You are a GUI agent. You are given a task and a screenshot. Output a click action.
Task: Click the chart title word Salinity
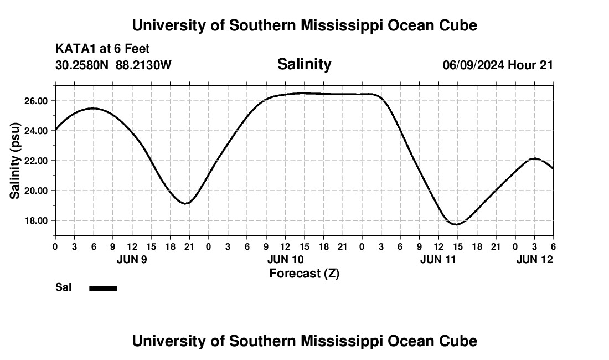coord(304,64)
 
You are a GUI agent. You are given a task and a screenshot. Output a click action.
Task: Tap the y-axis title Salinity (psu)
coord(15,160)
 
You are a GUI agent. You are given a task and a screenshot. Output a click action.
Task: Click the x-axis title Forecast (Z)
coord(304,274)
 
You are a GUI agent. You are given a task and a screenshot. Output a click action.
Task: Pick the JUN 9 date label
coord(132,259)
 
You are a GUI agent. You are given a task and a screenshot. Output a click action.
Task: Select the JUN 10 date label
coord(285,259)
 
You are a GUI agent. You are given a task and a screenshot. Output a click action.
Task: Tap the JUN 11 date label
coord(438,259)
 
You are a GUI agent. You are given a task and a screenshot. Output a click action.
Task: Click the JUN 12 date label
coord(534,259)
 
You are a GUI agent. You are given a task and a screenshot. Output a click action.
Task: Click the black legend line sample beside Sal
coord(104,288)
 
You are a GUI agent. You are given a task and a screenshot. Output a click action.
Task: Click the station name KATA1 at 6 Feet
coord(102,49)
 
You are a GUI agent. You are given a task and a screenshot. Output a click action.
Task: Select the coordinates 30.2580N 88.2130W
coord(113,65)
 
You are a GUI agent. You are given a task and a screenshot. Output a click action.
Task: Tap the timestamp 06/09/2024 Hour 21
coord(498,65)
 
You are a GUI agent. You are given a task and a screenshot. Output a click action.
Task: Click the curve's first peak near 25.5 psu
coord(93,109)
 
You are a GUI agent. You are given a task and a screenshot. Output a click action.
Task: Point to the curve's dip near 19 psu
coord(187,203)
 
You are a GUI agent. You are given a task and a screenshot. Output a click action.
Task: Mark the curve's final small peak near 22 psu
coord(534,158)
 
